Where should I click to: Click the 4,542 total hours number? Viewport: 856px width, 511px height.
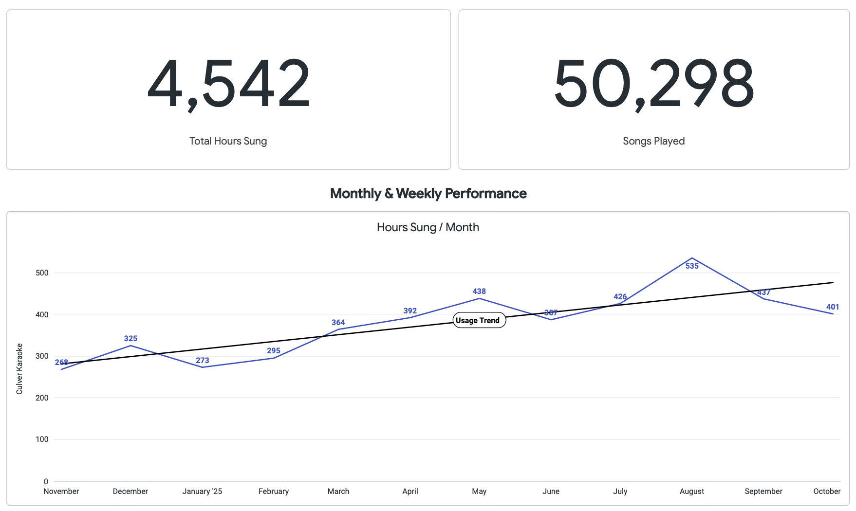click(x=228, y=83)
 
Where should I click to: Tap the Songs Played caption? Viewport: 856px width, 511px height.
click(x=653, y=141)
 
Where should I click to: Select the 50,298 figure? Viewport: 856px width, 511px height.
click(x=653, y=83)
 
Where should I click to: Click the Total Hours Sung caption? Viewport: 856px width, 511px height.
click(x=228, y=141)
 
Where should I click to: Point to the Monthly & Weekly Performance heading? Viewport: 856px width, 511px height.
click(x=428, y=194)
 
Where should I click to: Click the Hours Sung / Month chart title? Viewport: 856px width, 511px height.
click(x=428, y=227)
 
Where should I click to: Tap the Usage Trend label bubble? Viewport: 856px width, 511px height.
click(x=479, y=320)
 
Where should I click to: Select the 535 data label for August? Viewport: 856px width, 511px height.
click(x=692, y=266)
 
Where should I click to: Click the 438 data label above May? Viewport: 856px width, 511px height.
click(x=479, y=292)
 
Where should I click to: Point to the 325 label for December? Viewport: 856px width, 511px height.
click(x=130, y=339)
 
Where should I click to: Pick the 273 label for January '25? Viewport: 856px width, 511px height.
click(x=203, y=361)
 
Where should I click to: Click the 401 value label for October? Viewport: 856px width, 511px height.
click(x=833, y=307)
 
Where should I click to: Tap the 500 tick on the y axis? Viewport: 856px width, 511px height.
click(x=42, y=273)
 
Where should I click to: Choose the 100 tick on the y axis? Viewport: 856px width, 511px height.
click(x=42, y=439)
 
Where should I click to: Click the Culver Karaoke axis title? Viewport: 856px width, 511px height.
click(x=19, y=368)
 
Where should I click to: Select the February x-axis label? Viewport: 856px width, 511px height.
click(x=274, y=492)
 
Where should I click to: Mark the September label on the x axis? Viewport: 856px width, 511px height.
click(x=763, y=492)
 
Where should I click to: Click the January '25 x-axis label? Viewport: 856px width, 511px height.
click(x=202, y=492)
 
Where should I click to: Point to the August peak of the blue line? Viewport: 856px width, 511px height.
click(x=692, y=258)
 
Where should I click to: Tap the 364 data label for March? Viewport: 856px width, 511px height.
click(x=338, y=323)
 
